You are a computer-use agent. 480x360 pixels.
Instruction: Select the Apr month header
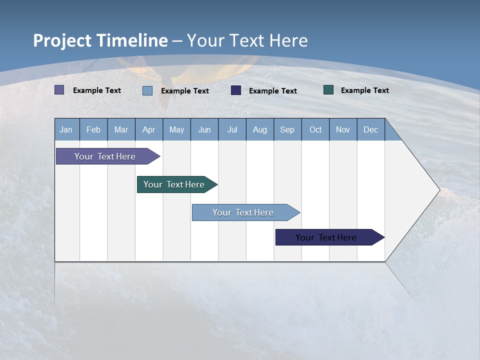(149, 129)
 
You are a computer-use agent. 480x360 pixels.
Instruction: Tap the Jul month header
(232, 129)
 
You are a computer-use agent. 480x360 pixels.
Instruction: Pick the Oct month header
(315, 129)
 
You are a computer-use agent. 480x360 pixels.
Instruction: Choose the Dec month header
(370, 129)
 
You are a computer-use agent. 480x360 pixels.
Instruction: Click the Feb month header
(93, 129)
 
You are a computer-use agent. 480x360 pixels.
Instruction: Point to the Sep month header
(287, 129)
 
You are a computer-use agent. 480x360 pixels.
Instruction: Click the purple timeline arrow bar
(108, 156)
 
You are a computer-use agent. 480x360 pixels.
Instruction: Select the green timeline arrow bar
(177, 184)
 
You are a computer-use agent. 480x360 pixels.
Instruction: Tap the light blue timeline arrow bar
(246, 212)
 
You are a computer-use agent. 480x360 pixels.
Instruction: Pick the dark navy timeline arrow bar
(330, 237)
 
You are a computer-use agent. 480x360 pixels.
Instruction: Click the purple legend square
(59, 89)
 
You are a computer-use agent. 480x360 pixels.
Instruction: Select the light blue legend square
(147, 90)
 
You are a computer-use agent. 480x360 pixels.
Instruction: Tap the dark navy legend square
(235, 90)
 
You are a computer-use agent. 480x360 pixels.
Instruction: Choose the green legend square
(328, 89)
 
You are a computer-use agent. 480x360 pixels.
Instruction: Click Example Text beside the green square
(365, 90)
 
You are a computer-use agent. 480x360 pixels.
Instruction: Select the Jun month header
(204, 129)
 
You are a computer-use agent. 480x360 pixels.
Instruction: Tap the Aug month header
(260, 129)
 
